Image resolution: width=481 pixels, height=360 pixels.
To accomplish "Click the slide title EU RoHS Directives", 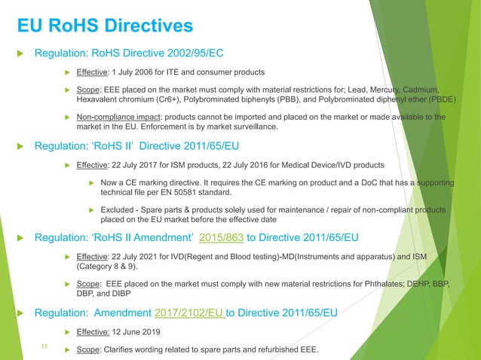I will tap(106, 27).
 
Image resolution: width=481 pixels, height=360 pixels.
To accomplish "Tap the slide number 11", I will tap(43, 346).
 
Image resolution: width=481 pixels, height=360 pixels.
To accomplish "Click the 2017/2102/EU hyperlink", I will tap(191, 311).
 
